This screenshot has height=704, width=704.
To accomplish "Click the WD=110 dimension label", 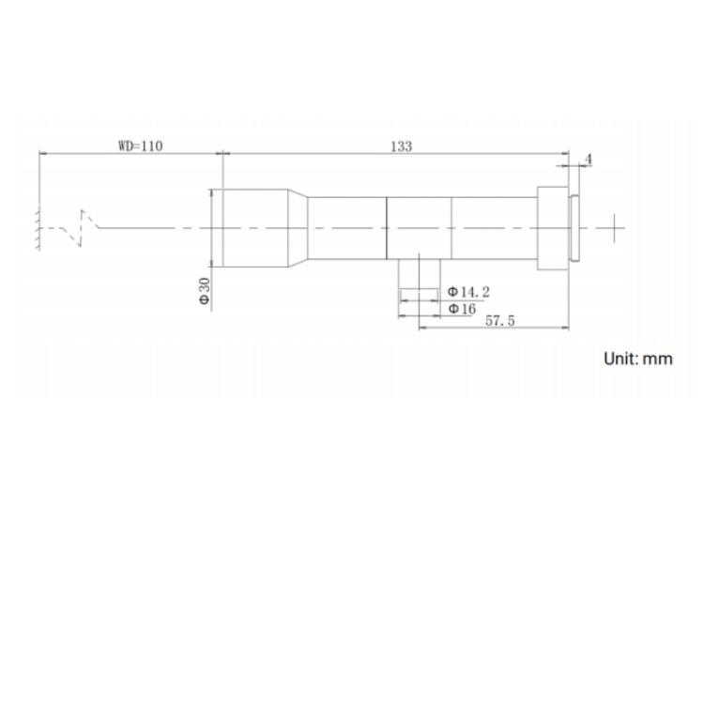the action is [141, 145].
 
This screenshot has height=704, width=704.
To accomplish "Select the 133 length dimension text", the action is [401, 146].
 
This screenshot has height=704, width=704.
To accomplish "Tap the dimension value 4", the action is [589, 160].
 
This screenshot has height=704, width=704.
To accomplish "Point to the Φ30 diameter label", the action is [205, 291].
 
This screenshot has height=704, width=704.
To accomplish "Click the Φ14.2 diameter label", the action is [468, 292].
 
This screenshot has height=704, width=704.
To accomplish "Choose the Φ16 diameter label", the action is [462, 309].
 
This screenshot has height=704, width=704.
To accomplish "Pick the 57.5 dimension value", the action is [500, 321].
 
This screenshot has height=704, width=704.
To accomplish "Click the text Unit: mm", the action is [638, 360].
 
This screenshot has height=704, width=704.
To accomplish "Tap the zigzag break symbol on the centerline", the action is [82, 228].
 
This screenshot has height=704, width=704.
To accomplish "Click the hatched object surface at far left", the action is [38, 229].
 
